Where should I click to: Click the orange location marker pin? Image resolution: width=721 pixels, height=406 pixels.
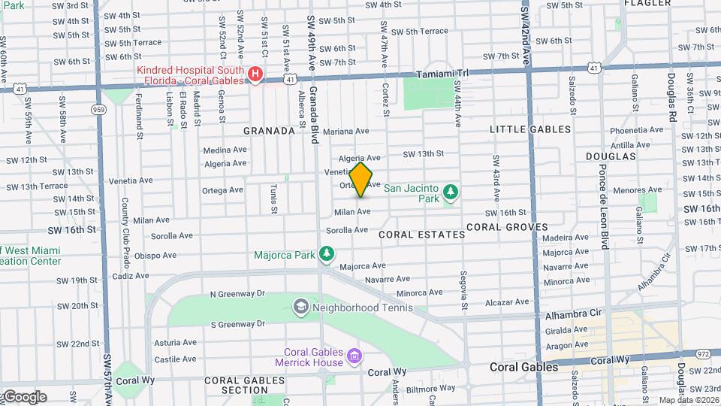pyautogui.click(x=361, y=180)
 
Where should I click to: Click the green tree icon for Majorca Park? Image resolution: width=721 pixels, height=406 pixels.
pyautogui.click(x=326, y=255)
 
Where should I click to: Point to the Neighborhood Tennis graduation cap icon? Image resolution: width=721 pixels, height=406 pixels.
pyautogui.click(x=300, y=307)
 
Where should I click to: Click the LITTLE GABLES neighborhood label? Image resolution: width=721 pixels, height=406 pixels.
pyautogui.click(x=530, y=129)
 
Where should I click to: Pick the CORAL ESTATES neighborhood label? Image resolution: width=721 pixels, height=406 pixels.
pyautogui.click(x=421, y=235)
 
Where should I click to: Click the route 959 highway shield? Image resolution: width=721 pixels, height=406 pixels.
pyautogui.click(x=98, y=110)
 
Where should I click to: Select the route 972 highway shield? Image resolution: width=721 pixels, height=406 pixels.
pyautogui.click(x=703, y=353)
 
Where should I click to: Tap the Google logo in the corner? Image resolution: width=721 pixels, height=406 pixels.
pyautogui.click(x=24, y=396)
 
